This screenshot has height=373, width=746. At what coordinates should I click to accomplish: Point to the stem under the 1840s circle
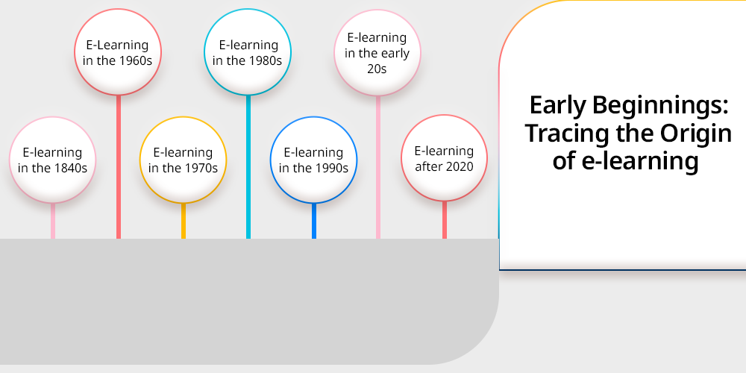tap(53, 221)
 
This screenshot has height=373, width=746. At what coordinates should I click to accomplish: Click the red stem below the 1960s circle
tap(119, 167)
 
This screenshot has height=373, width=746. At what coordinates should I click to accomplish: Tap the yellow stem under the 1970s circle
tap(184, 221)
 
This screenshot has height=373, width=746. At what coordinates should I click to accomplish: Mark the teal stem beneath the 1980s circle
tap(248, 167)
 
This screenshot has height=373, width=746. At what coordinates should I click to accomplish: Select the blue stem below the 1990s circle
tap(314, 221)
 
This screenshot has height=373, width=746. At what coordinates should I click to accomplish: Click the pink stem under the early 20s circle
tap(378, 167)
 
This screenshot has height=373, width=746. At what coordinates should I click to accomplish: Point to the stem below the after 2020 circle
tap(445, 220)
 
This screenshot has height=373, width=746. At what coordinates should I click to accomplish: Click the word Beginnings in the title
tap(660, 106)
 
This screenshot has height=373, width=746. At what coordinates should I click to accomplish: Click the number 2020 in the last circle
tap(460, 166)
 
